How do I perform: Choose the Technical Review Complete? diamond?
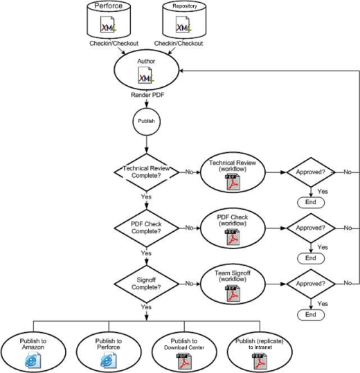(x=147, y=172)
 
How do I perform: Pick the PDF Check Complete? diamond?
(x=147, y=228)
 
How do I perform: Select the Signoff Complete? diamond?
(x=147, y=284)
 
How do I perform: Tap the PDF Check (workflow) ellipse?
(x=232, y=228)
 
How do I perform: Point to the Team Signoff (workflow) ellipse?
(x=232, y=284)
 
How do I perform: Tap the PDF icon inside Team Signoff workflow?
(x=232, y=294)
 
